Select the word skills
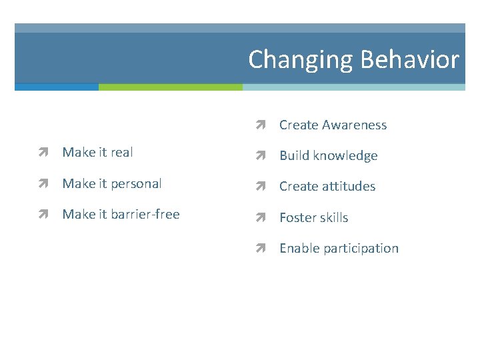333,217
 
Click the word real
121,152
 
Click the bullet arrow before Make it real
45,153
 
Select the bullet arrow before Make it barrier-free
45,215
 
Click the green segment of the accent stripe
170,87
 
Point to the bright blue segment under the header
57,87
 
